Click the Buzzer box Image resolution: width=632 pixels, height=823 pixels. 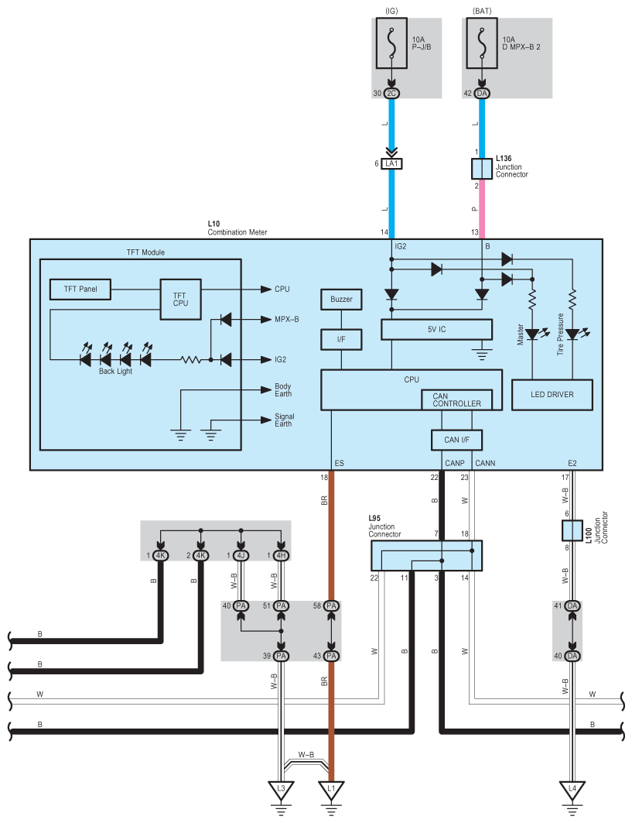[x=341, y=299]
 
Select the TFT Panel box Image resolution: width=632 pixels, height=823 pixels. [x=80, y=290]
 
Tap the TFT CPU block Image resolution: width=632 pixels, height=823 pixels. [x=180, y=299]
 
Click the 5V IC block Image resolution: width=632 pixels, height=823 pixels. [x=436, y=330]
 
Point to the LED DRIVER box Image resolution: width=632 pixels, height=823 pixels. [x=552, y=395]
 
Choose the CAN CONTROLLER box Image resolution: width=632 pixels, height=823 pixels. [x=457, y=400]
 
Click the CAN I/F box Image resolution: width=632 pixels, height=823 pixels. [x=457, y=440]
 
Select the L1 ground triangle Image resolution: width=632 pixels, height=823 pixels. [x=331, y=789]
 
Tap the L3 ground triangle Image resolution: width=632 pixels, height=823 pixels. [x=281, y=789]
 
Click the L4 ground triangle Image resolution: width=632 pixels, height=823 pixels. [x=572, y=789]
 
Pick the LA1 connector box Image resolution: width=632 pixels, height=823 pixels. [x=391, y=164]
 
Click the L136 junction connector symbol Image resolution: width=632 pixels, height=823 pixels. [x=482, y=169]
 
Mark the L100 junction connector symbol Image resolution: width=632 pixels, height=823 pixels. [x=572, y=530]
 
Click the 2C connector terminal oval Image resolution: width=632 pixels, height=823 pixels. [x=391, y=94]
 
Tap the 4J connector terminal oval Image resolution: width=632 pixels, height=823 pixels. [x=241, y=555]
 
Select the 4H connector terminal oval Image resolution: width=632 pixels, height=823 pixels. [x=281, y=555]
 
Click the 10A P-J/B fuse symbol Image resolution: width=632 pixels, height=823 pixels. [x=391, y=43]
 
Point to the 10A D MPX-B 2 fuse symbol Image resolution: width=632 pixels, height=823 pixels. [x=482, y=43]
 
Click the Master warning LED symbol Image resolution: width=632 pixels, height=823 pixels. [x=534, y=334]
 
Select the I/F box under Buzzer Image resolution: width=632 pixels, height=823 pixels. [x=341, y=340]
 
